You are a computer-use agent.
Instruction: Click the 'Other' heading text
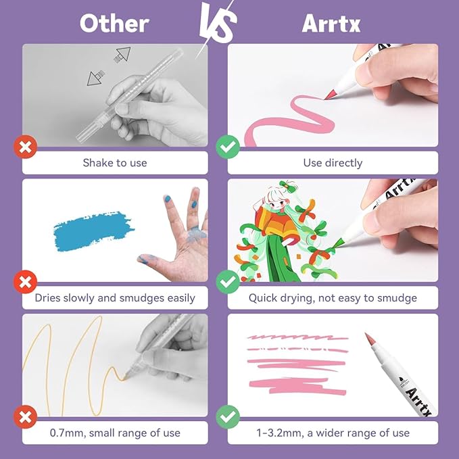[x=114, y=23]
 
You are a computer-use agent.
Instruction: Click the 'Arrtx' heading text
[x=331, y=23]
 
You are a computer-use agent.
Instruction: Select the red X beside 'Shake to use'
[x=24, y=147]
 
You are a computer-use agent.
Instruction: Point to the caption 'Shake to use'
[x=115, y=163]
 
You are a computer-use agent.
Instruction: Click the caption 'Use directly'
[x=333, y=163]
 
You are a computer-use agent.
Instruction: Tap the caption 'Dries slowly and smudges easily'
[x=115, y=297]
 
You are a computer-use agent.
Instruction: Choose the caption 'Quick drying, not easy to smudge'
[x=333, y=297]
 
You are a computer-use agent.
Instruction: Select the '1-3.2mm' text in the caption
[x=277, y=433]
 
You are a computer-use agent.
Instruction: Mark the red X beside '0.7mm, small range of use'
[x=24, y=416]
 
